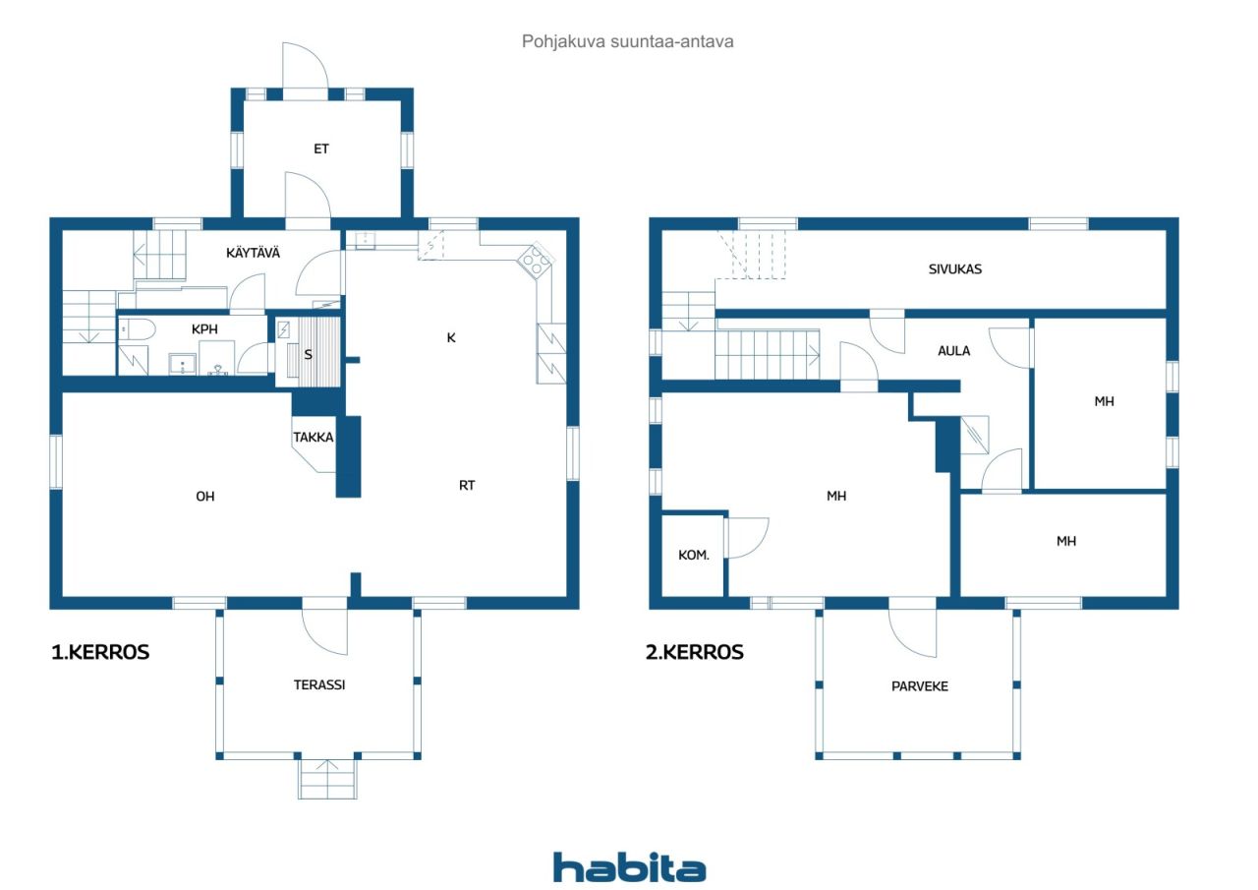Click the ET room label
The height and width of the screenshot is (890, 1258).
(321, 148)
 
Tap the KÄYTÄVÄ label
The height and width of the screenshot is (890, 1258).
(253, 253)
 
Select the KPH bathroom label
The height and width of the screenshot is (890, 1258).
(204, 329)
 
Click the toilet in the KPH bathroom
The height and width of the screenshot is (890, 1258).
(138, 329)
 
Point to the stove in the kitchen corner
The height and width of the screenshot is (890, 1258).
(536, 261)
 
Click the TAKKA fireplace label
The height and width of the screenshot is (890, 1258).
(314, 438)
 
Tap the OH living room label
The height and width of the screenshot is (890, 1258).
(205, 496)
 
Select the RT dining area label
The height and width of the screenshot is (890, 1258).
(467, 485)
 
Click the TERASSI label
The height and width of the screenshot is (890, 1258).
(319, 684)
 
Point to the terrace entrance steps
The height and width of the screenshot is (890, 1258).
(327, 779)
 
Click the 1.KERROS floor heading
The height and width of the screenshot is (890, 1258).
(100, 652)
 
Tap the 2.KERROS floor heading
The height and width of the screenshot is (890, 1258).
(695, 652)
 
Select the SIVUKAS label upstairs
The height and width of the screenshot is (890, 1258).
(955, 269)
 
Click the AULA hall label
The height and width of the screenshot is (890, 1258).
(954, 351)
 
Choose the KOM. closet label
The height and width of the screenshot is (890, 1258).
(694, 555)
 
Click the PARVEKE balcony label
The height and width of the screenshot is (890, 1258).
(920, 686)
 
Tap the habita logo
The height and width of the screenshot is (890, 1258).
(630, 867)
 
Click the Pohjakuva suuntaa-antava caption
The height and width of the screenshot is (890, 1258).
(627, 41)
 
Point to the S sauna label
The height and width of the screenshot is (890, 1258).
(308, 355)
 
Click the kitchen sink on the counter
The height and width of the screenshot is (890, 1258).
(365, 240)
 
